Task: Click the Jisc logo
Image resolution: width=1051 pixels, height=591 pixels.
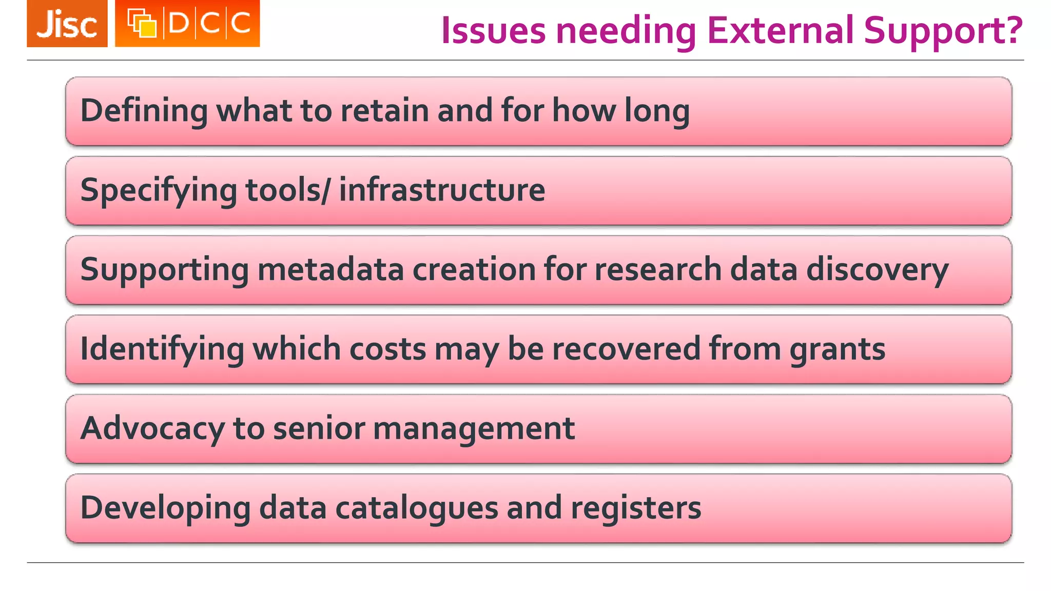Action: tap(67, 24)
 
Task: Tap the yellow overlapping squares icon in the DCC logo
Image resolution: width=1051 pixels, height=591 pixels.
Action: tap(142, 24)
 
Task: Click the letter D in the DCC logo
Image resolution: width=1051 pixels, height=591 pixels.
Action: tap(179, 24)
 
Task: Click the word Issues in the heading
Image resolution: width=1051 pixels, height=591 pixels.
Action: tap(493, 30)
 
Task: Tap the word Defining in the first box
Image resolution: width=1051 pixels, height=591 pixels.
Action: tap(144, 111)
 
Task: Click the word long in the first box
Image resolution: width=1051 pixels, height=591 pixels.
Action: tap(657, 111)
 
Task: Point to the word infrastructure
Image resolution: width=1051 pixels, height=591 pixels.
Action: tap(442, 190)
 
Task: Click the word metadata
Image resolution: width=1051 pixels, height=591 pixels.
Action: tap(330, 269)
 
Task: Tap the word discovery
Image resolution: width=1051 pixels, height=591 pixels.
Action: tap(877, 270)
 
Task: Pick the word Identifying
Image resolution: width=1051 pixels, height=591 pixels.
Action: tap(162, 349)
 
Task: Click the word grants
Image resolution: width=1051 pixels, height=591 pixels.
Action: tap(838, 350)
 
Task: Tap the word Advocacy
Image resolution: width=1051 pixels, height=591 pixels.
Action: tap(152, 429)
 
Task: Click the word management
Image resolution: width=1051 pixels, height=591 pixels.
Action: tap(474, 429)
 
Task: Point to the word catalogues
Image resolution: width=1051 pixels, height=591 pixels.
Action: tap(417, 508)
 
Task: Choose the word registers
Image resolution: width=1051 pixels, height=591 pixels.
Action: tap(636, 508)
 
